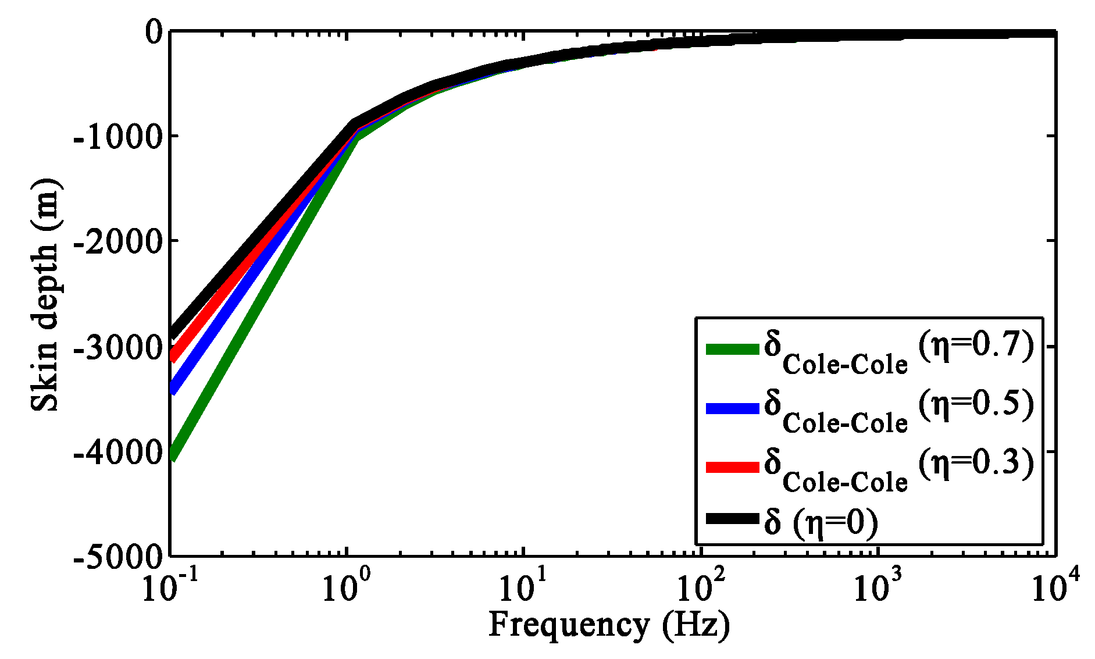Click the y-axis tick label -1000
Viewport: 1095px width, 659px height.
[117, 137]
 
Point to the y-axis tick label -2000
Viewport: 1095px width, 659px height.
[117, 241]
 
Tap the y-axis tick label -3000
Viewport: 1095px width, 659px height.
[117, 348]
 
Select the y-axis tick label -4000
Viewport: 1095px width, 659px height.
[117, 453]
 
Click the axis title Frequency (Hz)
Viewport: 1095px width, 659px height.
[609, 626]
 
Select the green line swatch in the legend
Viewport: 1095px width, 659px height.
[732, 349]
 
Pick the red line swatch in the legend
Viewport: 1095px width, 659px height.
[732, 467]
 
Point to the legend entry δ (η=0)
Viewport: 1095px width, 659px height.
[820, 522]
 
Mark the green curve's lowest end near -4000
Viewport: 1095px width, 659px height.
[173, 456]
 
